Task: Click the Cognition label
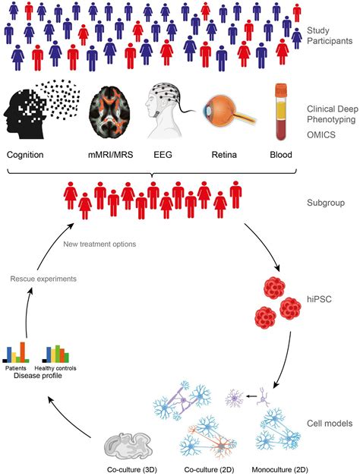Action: (x=25, y=155)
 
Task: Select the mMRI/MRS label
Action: (x=111, y=155)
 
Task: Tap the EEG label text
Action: (x=163, y=155)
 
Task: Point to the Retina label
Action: (x=224, y=155)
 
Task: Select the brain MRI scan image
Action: (x=110, y=112)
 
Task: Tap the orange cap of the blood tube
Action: (x=281, y=90)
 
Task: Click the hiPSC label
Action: (x=319, y=299)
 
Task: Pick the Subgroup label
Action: (x=326, y=203)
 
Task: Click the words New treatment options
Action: (x=99, y=244)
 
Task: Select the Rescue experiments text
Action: (x=43, y=279)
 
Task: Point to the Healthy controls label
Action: (x=55, y=368)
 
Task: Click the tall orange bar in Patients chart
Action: (x=23, y=352)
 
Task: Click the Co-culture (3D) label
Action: (x=132, y=470)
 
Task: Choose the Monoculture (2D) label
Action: (x=279, y=470)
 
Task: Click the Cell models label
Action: (x=330, y=423)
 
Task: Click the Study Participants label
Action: (x=330, y=36)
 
